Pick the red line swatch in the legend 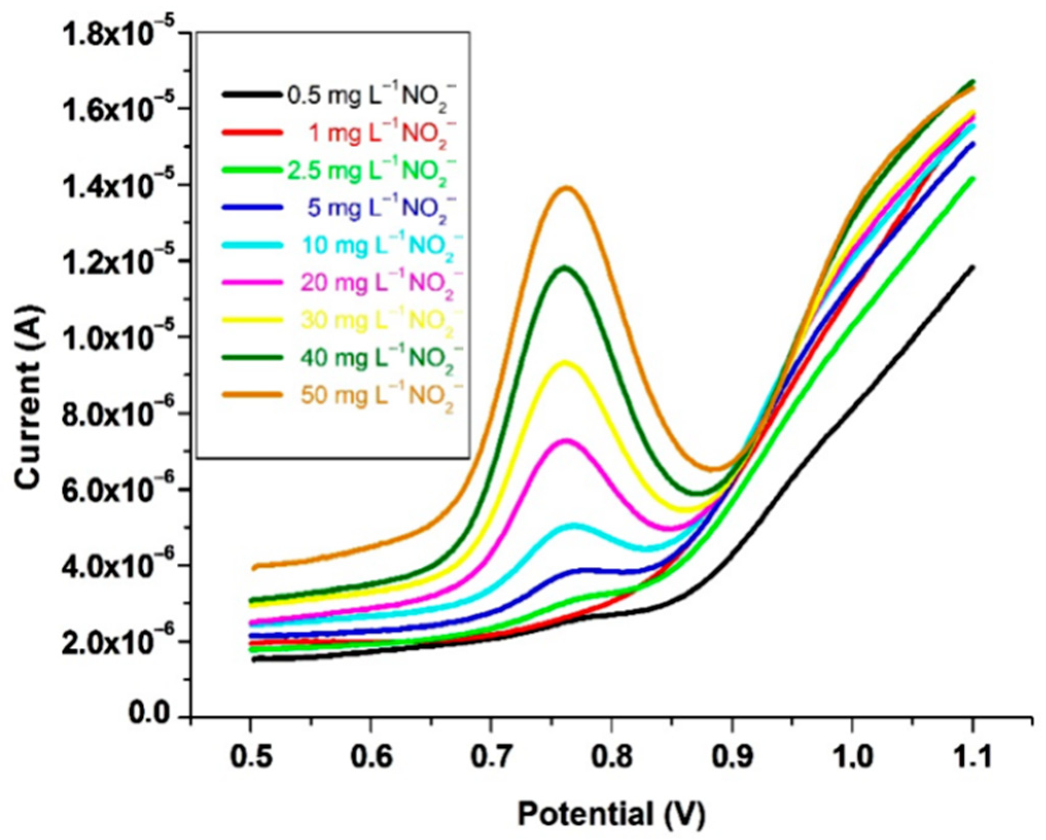click(252, 133)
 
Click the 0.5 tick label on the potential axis click(250, 757)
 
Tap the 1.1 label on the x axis click(972, 757)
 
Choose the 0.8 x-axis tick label click(611, 757)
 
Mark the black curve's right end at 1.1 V click(972, 267)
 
